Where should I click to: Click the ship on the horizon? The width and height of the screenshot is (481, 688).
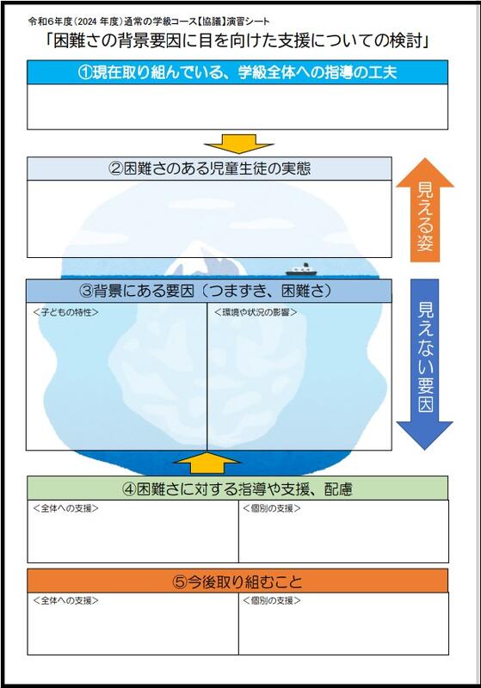[301, 269]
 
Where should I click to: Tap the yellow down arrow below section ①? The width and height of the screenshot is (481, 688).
[238, 144]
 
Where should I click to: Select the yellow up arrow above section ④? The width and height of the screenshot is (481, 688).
[207, 463]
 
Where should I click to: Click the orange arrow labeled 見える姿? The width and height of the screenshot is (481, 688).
[425, 210]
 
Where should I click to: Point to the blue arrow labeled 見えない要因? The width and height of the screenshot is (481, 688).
[425, 364]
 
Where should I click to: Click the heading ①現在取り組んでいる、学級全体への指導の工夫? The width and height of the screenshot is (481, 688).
[237, 72]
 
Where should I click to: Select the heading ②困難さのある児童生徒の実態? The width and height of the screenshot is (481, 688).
[209, 169]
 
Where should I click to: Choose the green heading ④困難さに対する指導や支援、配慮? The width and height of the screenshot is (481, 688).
[237, 488]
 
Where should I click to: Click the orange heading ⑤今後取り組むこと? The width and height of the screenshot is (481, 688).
[237, 581]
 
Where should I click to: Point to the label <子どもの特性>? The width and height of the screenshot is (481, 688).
[65, 312]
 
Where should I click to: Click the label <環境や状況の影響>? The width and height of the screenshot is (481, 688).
[256, 312]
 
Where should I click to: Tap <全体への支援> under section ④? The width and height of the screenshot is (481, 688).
[65, 508]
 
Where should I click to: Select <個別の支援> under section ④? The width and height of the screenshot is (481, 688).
[272, 508]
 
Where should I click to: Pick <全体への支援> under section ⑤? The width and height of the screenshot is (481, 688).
[65, 600]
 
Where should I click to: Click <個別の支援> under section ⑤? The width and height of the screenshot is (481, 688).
[272, 600]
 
